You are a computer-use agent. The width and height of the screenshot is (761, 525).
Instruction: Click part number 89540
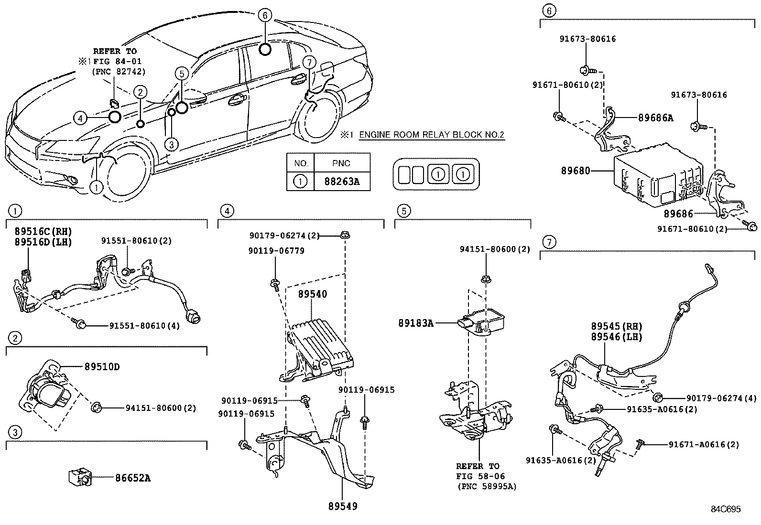(x=313, y=294)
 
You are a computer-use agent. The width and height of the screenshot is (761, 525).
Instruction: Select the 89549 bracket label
(x=342, y=506)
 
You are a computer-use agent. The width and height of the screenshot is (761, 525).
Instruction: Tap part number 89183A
(x=416, y=323)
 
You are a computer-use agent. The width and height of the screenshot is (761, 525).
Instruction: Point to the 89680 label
(x=576, y=170)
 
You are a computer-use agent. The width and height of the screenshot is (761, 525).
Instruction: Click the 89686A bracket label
(x=655, y=118)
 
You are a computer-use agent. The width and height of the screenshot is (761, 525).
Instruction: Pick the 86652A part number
(x=132, y=478)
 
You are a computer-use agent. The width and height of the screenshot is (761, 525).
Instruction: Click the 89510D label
(x=102, y=367)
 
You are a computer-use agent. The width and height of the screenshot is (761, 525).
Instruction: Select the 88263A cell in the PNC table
(x=342, y=182)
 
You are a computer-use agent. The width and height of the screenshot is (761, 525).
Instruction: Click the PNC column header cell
(x=341, y=163)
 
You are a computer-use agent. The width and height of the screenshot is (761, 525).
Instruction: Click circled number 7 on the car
(x=309, y=62)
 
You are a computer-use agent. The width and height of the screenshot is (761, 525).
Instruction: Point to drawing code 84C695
(x=725, y=509)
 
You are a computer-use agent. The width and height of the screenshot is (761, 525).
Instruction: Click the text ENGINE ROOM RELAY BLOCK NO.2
(x=432, y=135)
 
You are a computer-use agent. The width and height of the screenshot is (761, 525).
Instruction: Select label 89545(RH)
(x=616, y=327)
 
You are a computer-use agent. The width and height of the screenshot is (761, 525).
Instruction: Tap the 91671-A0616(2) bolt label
(x=704, y=444)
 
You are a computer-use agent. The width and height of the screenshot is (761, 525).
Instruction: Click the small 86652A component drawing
(x=79, y=477)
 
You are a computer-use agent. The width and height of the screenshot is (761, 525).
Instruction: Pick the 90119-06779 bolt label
(x=276, y=250)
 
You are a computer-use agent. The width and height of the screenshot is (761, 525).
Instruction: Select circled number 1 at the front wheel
(x=97, y=187)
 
